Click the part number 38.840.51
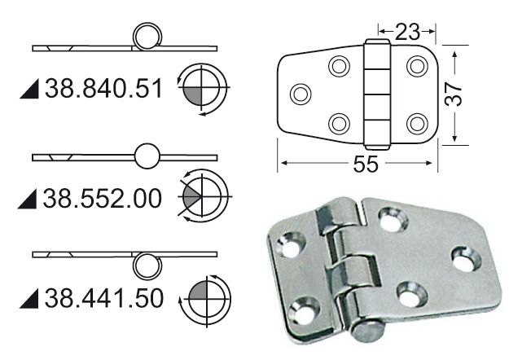(x=104, y=88)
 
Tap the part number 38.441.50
(x=104, y=296)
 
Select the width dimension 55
(x=366, y=164)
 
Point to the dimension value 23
(x=407, y=32)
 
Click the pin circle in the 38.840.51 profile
(x=147, y=37)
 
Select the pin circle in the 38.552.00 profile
(x=147, y=155)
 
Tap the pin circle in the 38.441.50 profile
(x=147, y=264)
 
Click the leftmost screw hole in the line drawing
(x=300, y=94)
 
